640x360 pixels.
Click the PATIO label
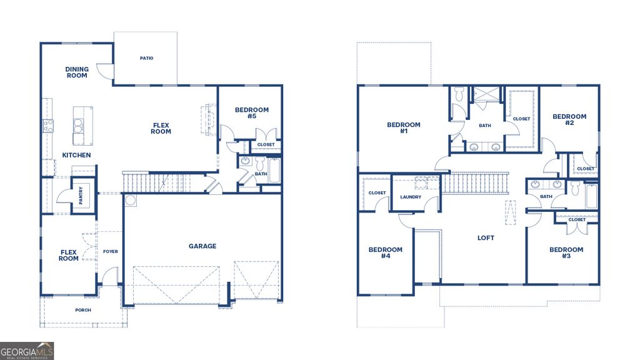coord(146,59)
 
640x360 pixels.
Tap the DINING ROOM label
coord(77,72)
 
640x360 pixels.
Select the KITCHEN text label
coord(76,155)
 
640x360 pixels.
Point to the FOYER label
coord(111,252)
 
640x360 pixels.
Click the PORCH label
coord(82,309)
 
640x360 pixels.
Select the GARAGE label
coord(202,246)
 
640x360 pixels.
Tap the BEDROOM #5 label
coord(251,113)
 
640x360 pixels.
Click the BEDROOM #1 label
coord(404,128)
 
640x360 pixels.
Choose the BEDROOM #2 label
coord(569,119)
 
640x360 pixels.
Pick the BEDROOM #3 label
coord(566,253)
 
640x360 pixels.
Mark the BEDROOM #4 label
coord(385,253)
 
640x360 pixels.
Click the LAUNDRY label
coord(411,197)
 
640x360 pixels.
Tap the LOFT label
coord(486,238)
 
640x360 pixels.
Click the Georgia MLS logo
coord(27,351)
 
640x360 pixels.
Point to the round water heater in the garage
coord(131,201)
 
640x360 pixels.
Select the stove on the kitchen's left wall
coord(48,126)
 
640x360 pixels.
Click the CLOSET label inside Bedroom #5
coord(266,145)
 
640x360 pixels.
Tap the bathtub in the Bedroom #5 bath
coord(274,170)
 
